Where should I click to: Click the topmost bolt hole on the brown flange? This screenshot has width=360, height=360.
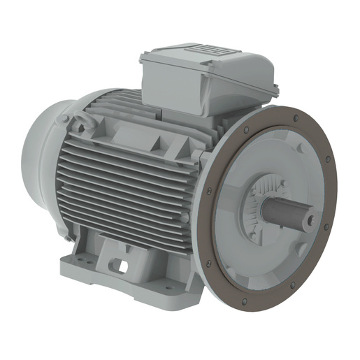pos(296,117)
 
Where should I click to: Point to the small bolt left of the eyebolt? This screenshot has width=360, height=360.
pos(66,120)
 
